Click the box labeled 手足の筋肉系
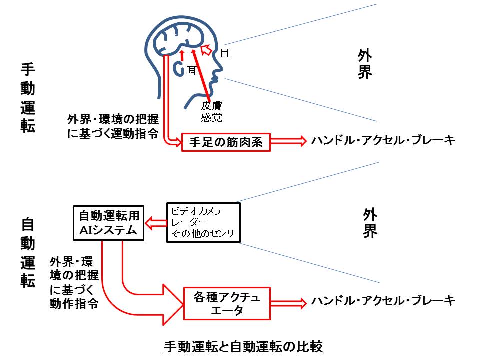226,142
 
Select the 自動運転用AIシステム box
108,223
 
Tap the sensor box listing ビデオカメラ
203,222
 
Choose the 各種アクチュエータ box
227,303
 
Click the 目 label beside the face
225,53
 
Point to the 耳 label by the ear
192,71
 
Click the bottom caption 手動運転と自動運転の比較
243,346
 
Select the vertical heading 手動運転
28,97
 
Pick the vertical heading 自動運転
28,252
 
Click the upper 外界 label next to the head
365,64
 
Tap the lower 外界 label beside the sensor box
370,223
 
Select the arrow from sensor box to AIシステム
155,223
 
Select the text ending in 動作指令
73,282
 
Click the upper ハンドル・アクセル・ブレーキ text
383,141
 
